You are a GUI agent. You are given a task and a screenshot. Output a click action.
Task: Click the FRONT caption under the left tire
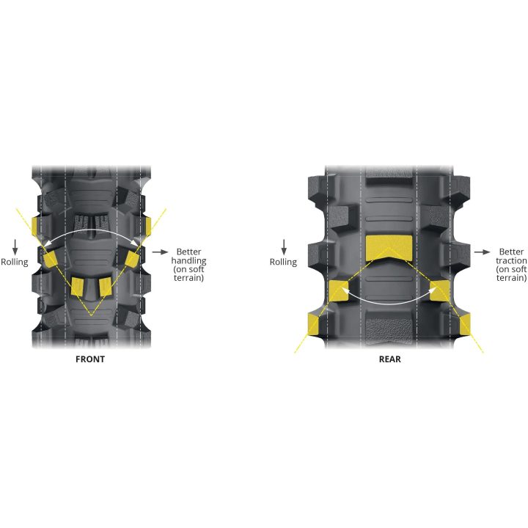[90, 359]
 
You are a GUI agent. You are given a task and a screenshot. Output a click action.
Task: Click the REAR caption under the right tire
[390, 359]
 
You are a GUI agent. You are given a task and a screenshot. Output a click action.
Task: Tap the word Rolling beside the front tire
[15, 262]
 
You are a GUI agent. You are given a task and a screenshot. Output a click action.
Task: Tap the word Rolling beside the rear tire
[283, 262]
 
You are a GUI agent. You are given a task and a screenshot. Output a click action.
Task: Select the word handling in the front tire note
[188, 260]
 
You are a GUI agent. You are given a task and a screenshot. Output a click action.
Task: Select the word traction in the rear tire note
[511, 260]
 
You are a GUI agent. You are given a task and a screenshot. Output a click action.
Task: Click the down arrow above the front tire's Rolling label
[15, 247]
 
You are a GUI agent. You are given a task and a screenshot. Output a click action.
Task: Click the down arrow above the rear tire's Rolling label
[284, 247]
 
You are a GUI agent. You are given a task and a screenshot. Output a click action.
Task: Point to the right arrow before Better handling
[160, 252]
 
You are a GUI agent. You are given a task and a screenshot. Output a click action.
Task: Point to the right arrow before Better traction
[483, 252]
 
